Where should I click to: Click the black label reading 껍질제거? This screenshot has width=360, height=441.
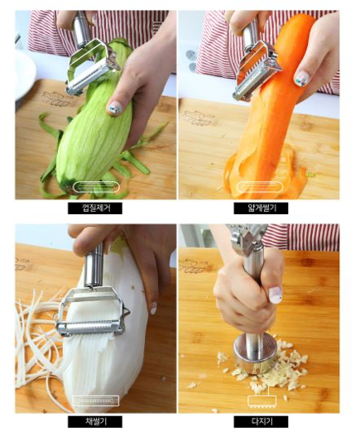pyautogui.click(x=95, y=209)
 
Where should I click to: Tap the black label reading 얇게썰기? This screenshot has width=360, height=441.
pyautogui.click(x=261, y=209)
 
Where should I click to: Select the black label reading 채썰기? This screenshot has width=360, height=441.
pyautogui.click(x=95, y=422)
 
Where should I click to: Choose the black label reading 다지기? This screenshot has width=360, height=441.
pyautogui.click(x=261, y=422)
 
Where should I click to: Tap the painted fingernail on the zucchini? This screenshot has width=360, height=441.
pyautogui.click(x=115, y=108)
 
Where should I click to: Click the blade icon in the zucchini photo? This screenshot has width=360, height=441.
pyautogui.click(x=96, y=187)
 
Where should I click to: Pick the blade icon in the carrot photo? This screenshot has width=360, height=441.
pyautogui.click(x=260, y=187)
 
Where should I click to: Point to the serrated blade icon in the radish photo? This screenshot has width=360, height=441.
pyautogui.click(x=96, y=400)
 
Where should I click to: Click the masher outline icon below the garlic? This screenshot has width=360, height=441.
pyautogui.click(x=262, y=400)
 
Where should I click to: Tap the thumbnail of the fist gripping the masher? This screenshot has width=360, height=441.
pyautogui.click(x=275, y=295)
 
